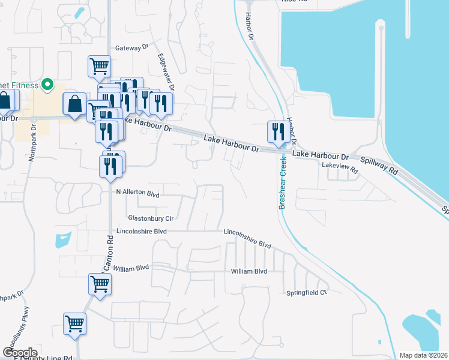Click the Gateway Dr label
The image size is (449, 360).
(131, 47)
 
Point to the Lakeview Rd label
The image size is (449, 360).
(340, 168)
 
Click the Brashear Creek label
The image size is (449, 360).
(282, 184)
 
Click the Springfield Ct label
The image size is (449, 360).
(307, 293)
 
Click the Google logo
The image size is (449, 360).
(20, 352)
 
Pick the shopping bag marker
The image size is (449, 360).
(74, 104)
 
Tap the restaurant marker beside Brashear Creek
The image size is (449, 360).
(278, 132)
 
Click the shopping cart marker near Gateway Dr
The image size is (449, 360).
(99, 67)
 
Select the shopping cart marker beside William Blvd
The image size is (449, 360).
(100, 285)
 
